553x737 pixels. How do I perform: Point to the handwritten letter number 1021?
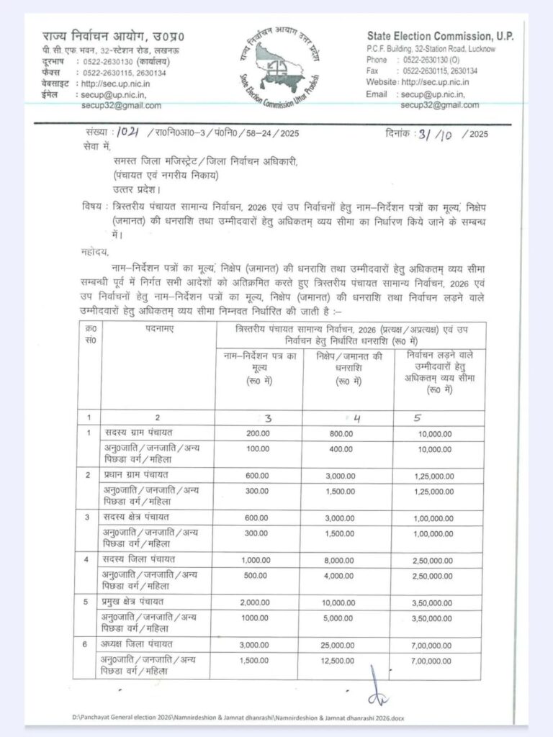pyautogui.click(x=129, y=132)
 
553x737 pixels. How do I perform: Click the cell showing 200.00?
pyautogui.click(x=257, y=433)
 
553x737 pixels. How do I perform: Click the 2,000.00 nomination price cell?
pyautogui.click(x=257, y=601)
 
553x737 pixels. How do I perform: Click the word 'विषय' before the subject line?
pyautogui.click(x=91, y=206)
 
